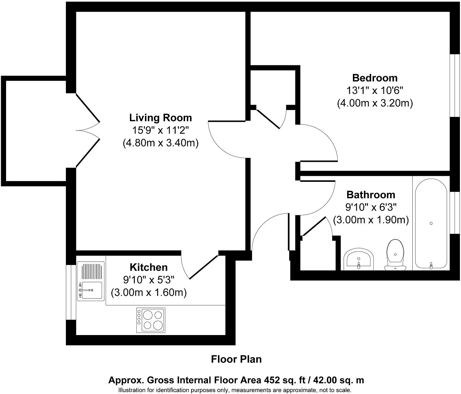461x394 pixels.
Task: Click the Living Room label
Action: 160,118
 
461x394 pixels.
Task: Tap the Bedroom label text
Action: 375,78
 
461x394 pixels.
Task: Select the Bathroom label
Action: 371,195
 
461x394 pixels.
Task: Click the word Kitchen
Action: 148,267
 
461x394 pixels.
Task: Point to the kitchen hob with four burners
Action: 151,320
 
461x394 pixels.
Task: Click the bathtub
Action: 431,223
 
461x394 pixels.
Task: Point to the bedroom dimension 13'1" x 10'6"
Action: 375,90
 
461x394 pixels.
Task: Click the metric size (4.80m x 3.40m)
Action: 160,143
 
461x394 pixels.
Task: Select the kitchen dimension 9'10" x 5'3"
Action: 148,280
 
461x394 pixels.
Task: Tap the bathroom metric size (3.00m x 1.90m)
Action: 371,220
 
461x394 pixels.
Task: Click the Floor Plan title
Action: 236,359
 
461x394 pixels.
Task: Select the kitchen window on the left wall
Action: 71,292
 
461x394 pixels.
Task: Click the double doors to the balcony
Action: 88,130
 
